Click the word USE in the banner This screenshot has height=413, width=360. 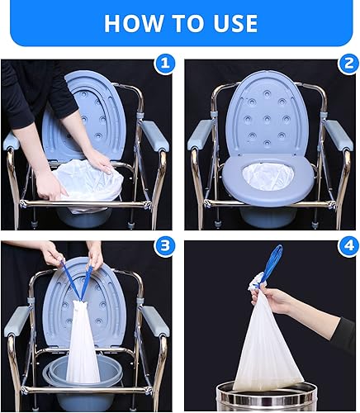coord(234,22)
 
